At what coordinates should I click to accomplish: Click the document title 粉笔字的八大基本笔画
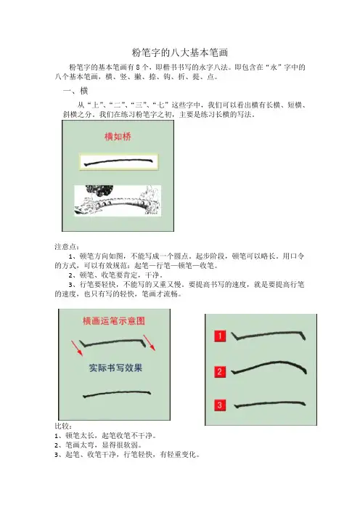point(180,52)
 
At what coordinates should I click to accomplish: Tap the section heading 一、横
point(75,90)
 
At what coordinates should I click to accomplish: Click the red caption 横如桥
point(118,137)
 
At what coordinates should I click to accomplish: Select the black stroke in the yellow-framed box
point(118,162)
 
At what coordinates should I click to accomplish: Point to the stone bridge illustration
point(118,201)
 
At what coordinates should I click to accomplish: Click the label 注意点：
point(67,247)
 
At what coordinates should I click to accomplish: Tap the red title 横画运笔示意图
point(114,321)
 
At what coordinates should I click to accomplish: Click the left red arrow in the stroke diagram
point(78,348)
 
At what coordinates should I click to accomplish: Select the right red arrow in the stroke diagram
point(150,343)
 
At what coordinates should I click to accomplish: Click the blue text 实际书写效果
point(115,368)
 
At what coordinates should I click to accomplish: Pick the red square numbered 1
point(220,336)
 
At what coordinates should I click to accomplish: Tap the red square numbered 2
point(220,372)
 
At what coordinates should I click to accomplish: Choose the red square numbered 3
point(220,405)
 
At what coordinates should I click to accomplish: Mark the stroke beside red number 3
point(270,404)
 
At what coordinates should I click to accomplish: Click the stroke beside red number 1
point(269,334)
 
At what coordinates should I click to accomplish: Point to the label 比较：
point(63,426)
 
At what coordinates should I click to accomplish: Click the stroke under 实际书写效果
point(117,393)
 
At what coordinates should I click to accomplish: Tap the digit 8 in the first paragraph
point(138,68)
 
